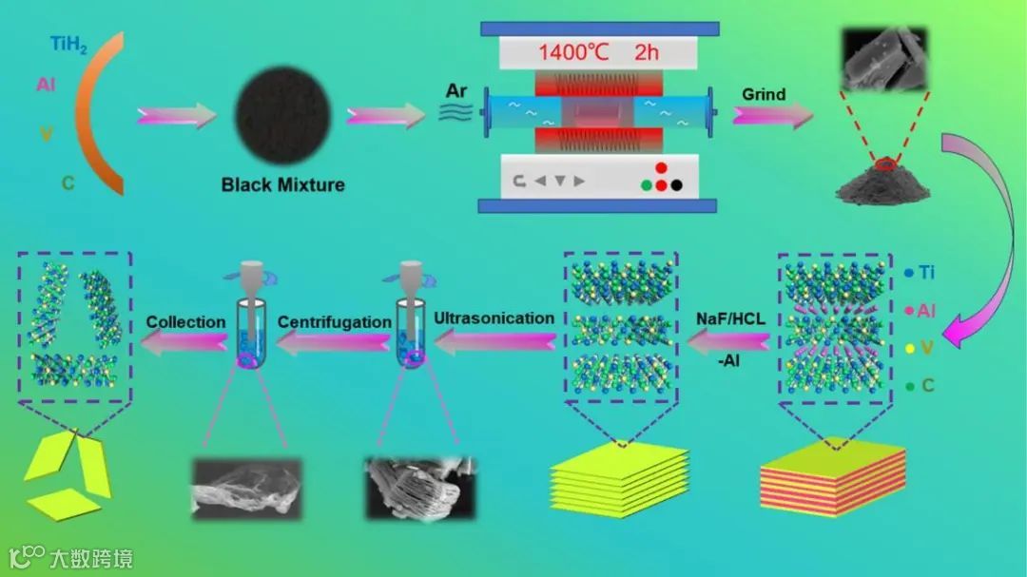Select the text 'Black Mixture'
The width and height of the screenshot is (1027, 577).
point(282,183)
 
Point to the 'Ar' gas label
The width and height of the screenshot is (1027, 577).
point(456,91)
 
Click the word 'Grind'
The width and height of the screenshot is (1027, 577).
point(764,94)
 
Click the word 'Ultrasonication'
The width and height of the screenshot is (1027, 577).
point(494,318)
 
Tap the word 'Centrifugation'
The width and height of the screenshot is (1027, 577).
point(334,322)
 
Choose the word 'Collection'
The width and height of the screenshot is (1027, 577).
point(185,322)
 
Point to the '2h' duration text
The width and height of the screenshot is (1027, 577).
point(646,52)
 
